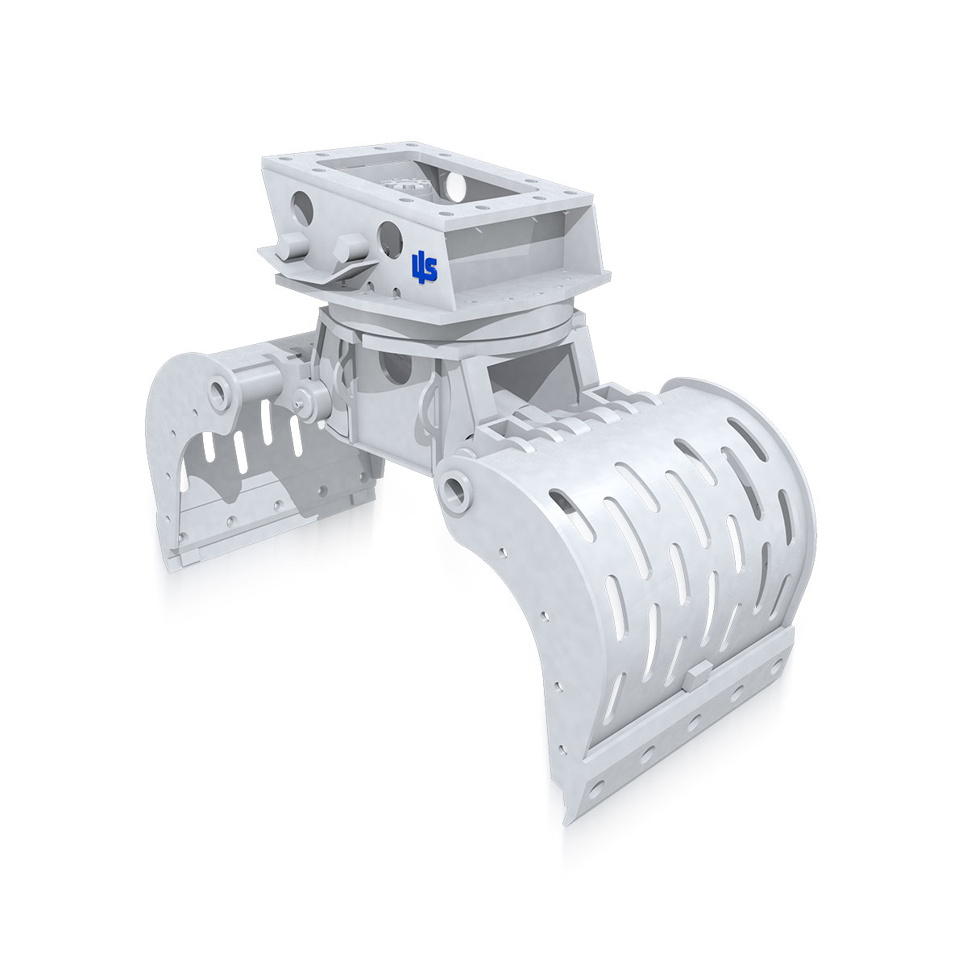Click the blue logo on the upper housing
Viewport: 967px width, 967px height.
pos(424,267)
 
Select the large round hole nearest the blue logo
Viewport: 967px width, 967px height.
pos(388,235)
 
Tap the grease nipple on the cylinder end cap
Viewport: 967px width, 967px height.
pos(299,396)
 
